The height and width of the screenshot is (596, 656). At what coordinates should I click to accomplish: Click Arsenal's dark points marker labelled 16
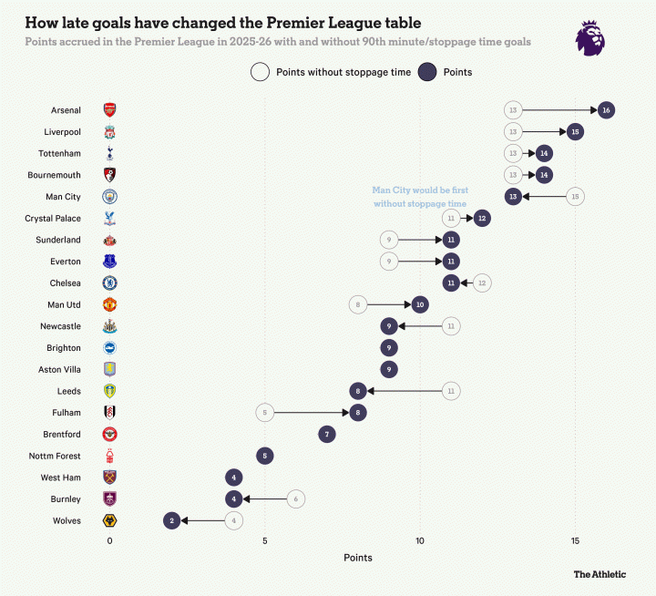click(x=606, y=110)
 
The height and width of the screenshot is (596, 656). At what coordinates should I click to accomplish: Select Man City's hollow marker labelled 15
click(x=575, y=197)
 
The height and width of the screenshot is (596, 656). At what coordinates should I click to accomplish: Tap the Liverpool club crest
click(x=109, y=132)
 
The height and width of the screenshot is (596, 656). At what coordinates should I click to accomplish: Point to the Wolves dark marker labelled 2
click(x=171, y=521)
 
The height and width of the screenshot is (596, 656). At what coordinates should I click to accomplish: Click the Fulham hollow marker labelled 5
click(x=265, y=413)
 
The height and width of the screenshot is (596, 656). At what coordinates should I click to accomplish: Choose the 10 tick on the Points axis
click(x=420, y=541)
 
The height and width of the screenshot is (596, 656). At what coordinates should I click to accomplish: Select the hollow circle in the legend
click(x=260, y=72)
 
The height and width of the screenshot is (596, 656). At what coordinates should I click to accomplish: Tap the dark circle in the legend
click(x=426, y=72)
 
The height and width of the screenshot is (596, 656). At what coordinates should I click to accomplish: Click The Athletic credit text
click(x=600, y=574)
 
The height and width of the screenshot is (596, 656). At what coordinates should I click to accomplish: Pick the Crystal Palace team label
click(x=55, y=219)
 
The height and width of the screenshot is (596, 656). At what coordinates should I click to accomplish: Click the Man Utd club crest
click(x=109, y=304)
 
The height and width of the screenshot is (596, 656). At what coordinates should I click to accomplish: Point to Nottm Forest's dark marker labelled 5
click(x=265, y=456)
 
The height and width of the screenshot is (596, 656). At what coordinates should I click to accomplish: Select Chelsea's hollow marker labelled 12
click(x=482, y=283)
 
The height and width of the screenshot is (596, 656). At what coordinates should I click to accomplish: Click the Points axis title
click(x=358, y=558)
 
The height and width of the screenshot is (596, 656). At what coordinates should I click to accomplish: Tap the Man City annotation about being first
click(x=419, y=197)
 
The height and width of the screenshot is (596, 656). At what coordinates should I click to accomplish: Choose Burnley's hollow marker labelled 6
click(x=295, y=499)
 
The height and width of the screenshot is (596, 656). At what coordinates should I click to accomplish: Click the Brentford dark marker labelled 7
click(x=327, y=435)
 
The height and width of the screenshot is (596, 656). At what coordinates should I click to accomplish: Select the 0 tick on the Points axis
click(x=109, y=541)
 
